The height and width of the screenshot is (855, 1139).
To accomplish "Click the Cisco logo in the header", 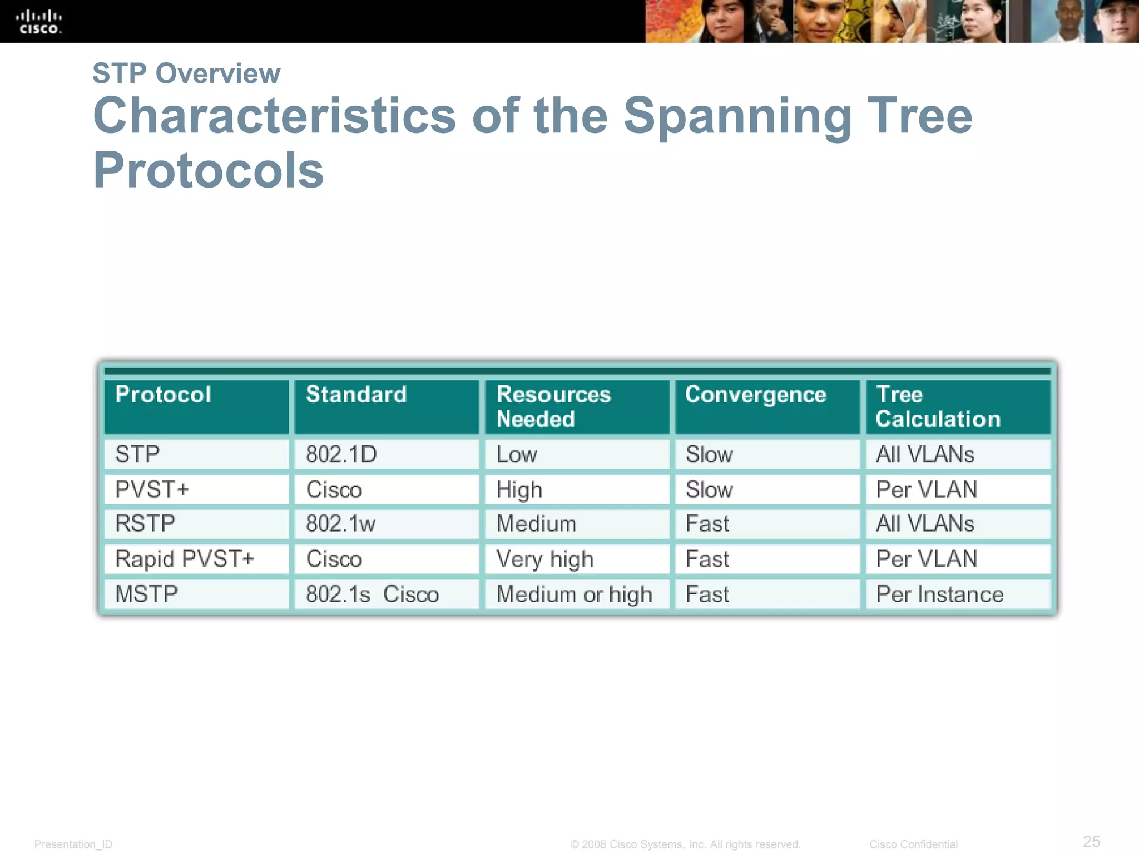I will point(39,22).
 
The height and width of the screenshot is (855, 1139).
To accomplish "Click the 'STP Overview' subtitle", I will point(186,73).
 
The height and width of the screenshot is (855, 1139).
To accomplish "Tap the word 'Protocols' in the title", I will point(208,170).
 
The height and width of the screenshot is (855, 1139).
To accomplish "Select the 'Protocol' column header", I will point(163,395).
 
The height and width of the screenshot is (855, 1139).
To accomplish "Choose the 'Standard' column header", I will point(356,395).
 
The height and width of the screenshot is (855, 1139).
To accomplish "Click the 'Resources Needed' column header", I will point(553,406).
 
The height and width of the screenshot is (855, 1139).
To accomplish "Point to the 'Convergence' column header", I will point(755,395).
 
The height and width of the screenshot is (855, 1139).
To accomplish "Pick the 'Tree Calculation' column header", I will point(938,406).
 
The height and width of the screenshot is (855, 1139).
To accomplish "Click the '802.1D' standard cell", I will point(341,454).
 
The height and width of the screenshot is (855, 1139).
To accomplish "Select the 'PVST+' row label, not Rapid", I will point(152,489).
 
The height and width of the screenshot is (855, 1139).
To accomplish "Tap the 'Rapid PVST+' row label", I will point(184,559).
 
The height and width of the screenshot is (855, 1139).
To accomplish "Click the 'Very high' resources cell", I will point(544,559).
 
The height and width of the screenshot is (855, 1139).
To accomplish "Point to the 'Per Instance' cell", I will point(939,594).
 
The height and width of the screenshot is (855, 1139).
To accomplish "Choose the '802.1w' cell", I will point(340,524).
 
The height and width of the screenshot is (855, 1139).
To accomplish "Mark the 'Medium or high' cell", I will point(574,594).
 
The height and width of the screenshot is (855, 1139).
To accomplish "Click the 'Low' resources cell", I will point(516,454).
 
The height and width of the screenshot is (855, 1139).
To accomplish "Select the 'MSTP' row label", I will point(146,594).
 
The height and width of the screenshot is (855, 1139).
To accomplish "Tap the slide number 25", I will point(1091,841).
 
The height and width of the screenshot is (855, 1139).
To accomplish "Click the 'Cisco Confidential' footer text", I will point(913,844).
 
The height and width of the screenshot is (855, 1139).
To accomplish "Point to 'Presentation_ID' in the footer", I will point(73,844).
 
